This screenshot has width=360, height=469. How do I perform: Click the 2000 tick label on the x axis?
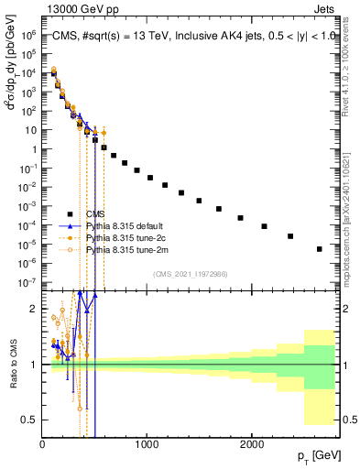pos(252,444)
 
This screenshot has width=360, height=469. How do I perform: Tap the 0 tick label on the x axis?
pos(43,444)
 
